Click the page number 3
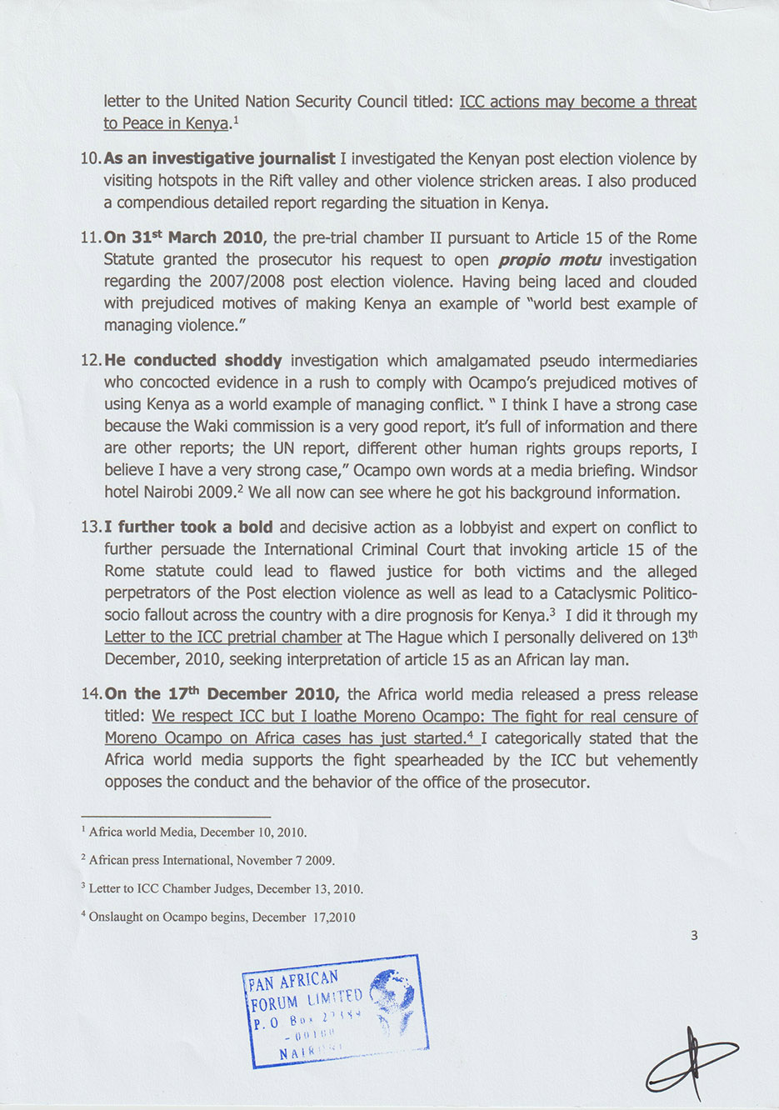[694, 936]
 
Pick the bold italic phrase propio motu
[550, 260]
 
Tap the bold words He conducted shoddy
[192, 361]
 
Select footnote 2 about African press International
[212, 860]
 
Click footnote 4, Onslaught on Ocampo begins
[222, 917]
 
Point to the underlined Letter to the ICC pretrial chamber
[222, 637]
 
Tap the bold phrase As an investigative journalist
[219, 159]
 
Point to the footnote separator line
[176, 816]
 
